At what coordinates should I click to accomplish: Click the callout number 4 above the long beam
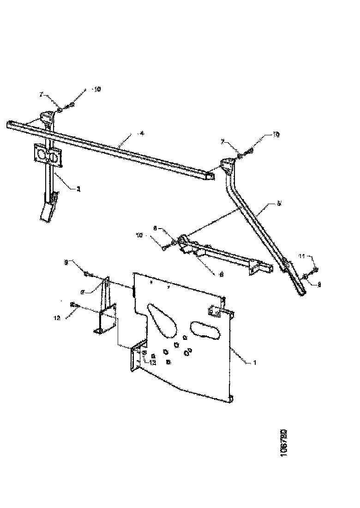pos(142,133)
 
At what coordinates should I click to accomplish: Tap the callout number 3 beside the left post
pos(78,188)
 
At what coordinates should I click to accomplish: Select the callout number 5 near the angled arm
pos(279,203)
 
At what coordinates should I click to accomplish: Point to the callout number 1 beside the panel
pos(253,363)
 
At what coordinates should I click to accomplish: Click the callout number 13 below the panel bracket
pos(153,363)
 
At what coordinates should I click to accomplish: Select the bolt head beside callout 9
pos(87,274)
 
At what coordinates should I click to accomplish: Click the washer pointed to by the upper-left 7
pos(60,109)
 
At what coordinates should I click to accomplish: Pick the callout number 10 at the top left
pos(97,89)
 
